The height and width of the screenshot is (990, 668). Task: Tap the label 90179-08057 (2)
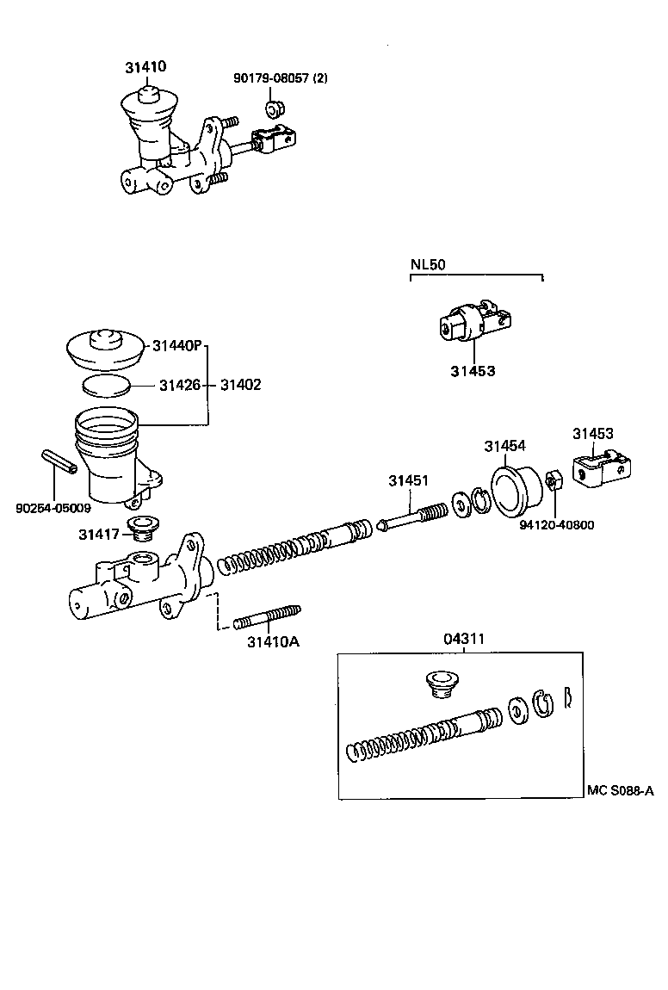(280, 78)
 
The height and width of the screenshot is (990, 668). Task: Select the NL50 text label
(427, 264)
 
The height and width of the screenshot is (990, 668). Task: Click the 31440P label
(176, 346)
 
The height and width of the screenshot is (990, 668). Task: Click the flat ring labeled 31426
(108, 384)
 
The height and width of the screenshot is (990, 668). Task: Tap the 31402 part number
(240, 385)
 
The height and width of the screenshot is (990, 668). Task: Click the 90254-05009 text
(53, 508)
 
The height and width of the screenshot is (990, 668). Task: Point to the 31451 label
(407, 481)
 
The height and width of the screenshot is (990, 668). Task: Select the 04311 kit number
(464, 639)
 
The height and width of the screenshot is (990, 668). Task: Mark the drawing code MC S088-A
(620, 790)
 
